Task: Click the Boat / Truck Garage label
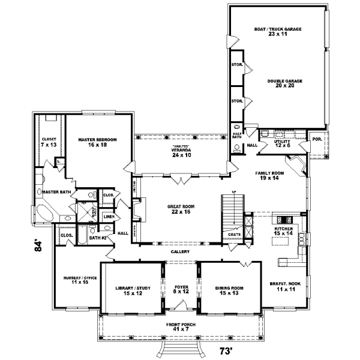click(277, 32)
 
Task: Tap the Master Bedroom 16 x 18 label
click(97, 142)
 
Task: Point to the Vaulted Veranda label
click(181, 150)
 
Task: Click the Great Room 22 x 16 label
click(180, 209)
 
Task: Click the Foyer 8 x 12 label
click(182, 290)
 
